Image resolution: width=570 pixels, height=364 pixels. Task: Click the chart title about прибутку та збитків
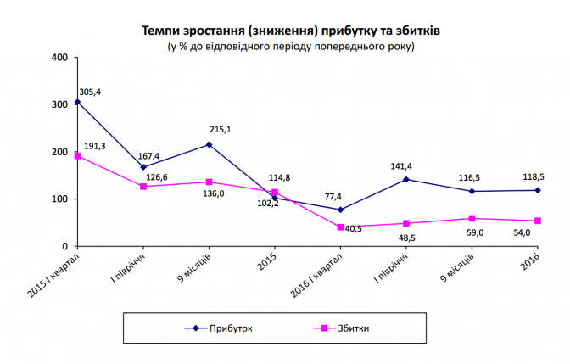coord(291,31)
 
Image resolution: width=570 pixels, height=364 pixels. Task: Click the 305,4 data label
coord(91,91)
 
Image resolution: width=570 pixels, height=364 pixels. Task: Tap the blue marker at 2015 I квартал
coord(77,102)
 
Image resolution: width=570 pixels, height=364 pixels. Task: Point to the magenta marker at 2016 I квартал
coord(340,227)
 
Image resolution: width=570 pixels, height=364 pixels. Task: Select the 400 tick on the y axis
coord(59,58)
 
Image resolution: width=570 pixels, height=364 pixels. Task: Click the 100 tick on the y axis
coord(59,199)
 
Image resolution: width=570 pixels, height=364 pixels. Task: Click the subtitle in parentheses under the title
coord(291,46)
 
